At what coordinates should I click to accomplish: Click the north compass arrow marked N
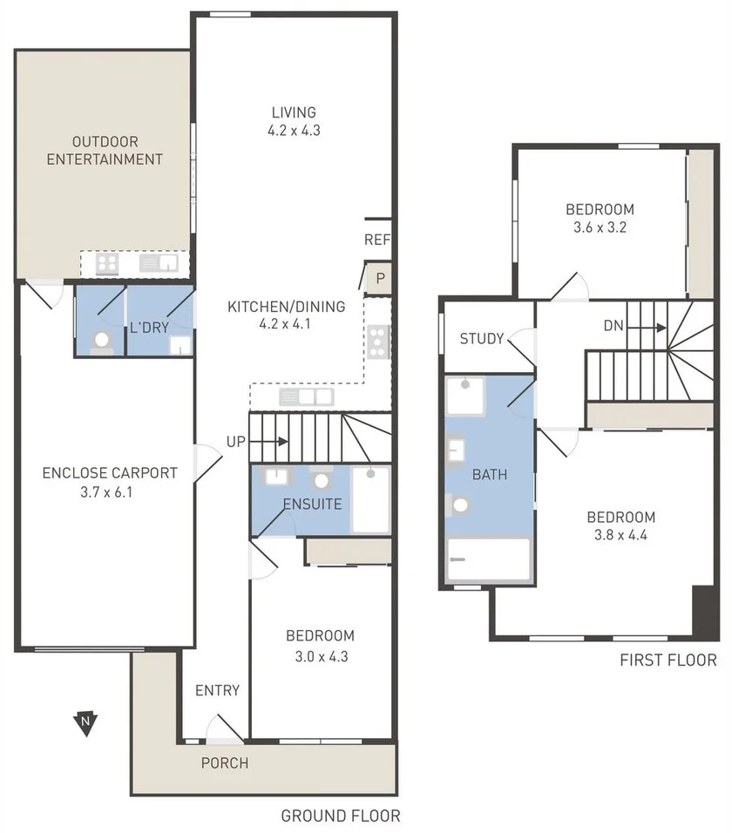click(x=85, y=721)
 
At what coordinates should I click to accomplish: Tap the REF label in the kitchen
click(x=376, y=240)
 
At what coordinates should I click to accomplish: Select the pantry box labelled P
click(x=380, y=278)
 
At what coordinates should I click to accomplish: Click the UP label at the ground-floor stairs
click(x=236, y=442)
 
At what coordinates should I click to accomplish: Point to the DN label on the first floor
click(x=613, y=327)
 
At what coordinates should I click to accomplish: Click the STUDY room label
click(x=482, y=338)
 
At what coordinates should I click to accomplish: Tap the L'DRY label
click(x=148, y=328)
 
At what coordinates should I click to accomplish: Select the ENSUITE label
click(x=311, y=505)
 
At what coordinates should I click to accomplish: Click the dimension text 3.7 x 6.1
click(x=110, y=491)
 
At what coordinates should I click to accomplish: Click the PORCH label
click(x=225, y=763)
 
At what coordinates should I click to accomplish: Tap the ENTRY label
click(x=217, y=691)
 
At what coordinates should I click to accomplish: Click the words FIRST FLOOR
click(x=668, y=660)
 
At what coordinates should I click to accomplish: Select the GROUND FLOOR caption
click(x=340, y=816)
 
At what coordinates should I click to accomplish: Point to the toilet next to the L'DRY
click(x=102, y=340)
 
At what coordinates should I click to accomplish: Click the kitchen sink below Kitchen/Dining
click(x=307, y=397)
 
